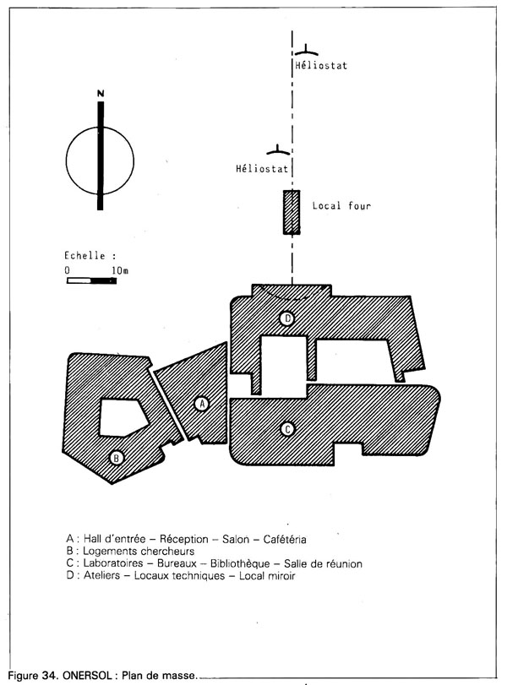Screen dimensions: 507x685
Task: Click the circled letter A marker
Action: click(201, 404)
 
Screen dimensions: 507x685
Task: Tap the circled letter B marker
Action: click(117, 459)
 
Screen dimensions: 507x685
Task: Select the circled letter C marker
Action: click(287, 429)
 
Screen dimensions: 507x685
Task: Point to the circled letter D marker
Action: click(287, 318)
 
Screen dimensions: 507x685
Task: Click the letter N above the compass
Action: click(101, 94)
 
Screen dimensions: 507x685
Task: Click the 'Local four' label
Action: click(341, 206)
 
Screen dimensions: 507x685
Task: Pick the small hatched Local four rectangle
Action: click(292, 212)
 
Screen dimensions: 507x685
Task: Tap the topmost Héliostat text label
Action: click(321, 66)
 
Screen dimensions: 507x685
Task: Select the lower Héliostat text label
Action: click(262, 169)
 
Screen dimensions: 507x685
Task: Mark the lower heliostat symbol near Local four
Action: click(278, 151)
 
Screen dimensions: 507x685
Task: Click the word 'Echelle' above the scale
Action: click(84, 256)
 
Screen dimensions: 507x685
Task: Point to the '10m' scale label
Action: click(120, 270)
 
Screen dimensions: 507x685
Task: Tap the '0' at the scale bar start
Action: click(68, 270)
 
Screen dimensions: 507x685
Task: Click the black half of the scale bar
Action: click(104, 280)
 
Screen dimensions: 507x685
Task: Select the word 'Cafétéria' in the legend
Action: click(285, 539)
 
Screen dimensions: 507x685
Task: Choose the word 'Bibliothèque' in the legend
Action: click(240, 563)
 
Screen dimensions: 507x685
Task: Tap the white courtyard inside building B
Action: click(123, 417)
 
